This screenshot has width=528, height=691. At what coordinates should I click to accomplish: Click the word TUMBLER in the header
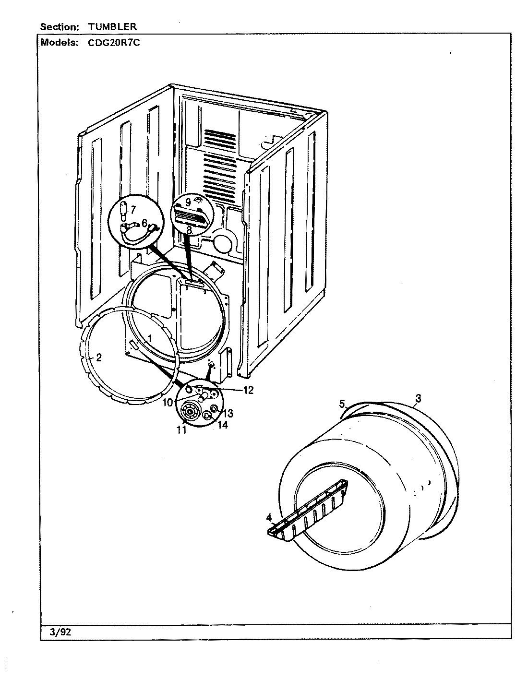[112, 27]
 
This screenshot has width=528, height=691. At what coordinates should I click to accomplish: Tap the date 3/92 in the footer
[60, 632]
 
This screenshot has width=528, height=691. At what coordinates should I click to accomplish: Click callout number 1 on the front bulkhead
[149, 338]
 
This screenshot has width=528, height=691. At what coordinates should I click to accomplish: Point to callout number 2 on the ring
[98, 357]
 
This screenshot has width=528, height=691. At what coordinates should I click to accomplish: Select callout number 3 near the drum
[419, 398]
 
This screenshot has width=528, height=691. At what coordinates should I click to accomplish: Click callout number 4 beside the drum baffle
[269, 517]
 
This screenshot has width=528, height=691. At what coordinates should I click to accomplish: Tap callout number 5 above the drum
[342, 404]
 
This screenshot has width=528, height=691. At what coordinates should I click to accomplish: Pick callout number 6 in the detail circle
[144, 223]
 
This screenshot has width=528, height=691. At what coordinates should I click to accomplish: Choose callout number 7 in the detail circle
[133, 209]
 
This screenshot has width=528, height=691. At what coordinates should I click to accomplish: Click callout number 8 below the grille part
[189, 230]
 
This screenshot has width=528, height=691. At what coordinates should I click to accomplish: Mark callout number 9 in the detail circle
[188, 203]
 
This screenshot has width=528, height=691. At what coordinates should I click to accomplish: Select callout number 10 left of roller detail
[167, 402]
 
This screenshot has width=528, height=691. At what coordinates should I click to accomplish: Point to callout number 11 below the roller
[181, 430]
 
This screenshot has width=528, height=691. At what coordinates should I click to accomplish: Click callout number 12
[248, 390]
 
